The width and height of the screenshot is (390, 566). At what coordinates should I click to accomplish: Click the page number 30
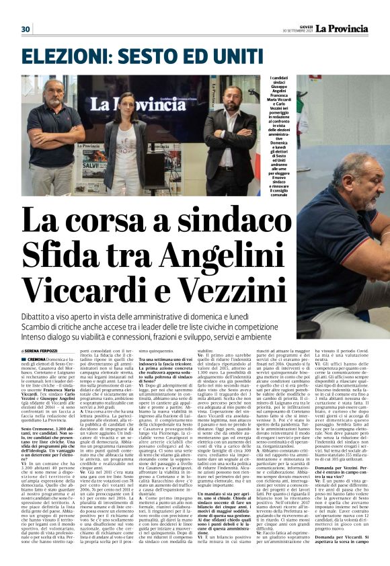coord(26,29)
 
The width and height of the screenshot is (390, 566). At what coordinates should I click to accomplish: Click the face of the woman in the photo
coord(127,107)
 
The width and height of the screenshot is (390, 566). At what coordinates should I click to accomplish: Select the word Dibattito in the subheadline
coord(40,317)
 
